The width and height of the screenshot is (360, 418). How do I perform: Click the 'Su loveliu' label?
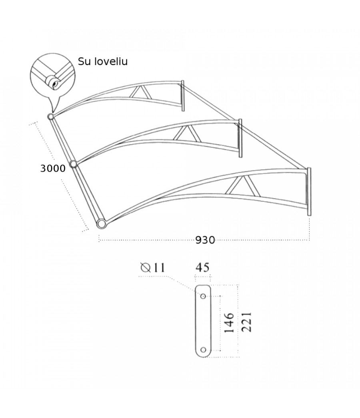point(103,61)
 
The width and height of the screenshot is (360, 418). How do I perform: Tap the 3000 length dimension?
point(53,168)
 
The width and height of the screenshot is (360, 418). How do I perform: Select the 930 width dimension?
point(205,240)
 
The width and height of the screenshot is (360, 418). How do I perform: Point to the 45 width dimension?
point(202,267)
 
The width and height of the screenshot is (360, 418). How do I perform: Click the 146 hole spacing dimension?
point(229,323)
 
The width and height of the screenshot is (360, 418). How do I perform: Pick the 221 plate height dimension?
point(246,322)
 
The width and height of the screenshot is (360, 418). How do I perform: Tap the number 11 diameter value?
point(159,267)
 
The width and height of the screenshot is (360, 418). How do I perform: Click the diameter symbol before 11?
point(145,267)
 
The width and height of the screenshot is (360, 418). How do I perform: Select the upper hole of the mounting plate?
point(203,296)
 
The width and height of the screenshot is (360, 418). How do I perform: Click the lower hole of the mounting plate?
point(203,350)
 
